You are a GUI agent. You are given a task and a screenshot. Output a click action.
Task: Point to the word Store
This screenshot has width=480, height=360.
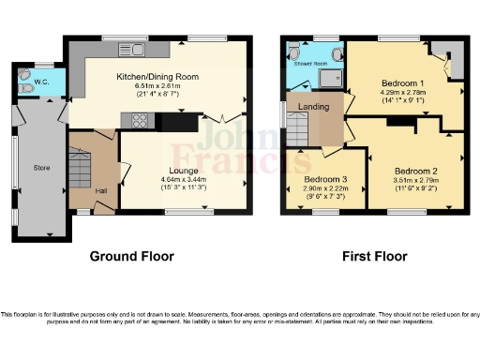[40, 170]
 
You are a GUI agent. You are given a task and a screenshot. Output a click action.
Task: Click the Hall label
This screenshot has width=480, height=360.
[100, 193]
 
